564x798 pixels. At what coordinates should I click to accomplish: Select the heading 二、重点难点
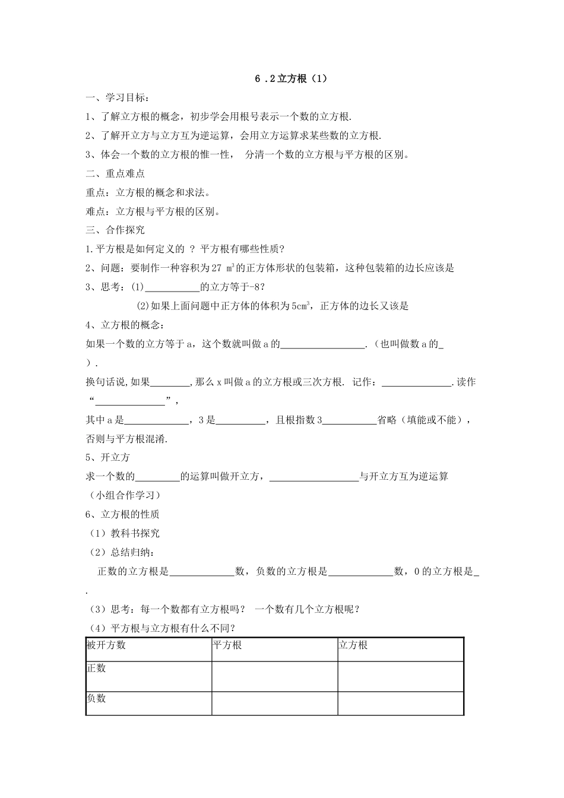tap(115, 173)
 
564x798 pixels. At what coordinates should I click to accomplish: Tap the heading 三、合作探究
tap(115, 230)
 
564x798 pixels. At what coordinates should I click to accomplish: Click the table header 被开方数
tap(106, 645)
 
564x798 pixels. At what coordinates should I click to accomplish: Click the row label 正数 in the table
tap(96, 669)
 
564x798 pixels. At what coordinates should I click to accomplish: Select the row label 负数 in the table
tap(96, 699)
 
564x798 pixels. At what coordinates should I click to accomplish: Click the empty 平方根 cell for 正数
tap(274, 676)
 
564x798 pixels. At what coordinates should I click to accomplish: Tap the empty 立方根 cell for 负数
tap(400, 703)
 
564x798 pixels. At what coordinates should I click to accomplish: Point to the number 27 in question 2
tap(216, 268)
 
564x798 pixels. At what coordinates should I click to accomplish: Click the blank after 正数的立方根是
tap(202, 572)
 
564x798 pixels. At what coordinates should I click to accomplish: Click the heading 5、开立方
tap(107, 458)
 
